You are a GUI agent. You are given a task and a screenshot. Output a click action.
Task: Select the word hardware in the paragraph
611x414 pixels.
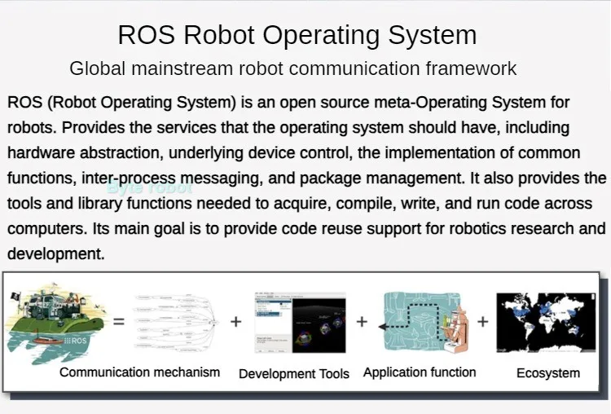(x=39, y=153)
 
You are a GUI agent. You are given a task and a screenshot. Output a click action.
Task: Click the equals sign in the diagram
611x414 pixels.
(x=119, y=322)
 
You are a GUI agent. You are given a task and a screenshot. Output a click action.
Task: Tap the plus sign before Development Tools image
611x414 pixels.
(x=236, y=322)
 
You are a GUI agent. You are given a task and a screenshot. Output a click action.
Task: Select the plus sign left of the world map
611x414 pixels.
(x=482, y=322)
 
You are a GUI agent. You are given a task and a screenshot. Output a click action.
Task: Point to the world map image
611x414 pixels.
(x=547, y=323)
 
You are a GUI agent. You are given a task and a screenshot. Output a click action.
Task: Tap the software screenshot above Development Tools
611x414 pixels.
(x=300, y=323)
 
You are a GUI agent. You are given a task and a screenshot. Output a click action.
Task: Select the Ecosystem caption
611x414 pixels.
(x=548, y=373)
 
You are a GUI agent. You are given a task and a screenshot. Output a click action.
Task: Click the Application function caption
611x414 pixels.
(x=420, y=372)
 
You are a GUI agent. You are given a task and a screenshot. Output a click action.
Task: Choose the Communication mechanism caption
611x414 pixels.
(x=140, y=372)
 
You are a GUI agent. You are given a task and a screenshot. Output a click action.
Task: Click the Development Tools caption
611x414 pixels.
(x=294, y=374)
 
